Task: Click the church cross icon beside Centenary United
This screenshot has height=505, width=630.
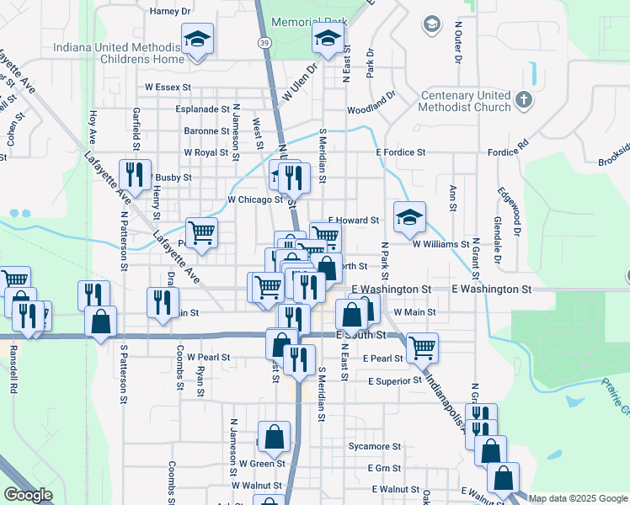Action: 524,100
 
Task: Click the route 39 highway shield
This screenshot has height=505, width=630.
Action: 264,41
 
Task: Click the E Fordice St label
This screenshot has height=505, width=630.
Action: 401,152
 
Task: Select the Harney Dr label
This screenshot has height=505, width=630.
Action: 171,12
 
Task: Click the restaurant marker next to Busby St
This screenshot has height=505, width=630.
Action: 135,175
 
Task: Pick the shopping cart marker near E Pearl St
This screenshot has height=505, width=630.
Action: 422,347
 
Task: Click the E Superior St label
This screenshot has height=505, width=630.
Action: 394,380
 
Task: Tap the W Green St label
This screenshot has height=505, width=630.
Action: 262,463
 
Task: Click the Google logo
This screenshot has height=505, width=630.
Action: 28,495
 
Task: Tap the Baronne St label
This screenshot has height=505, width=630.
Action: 207,131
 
